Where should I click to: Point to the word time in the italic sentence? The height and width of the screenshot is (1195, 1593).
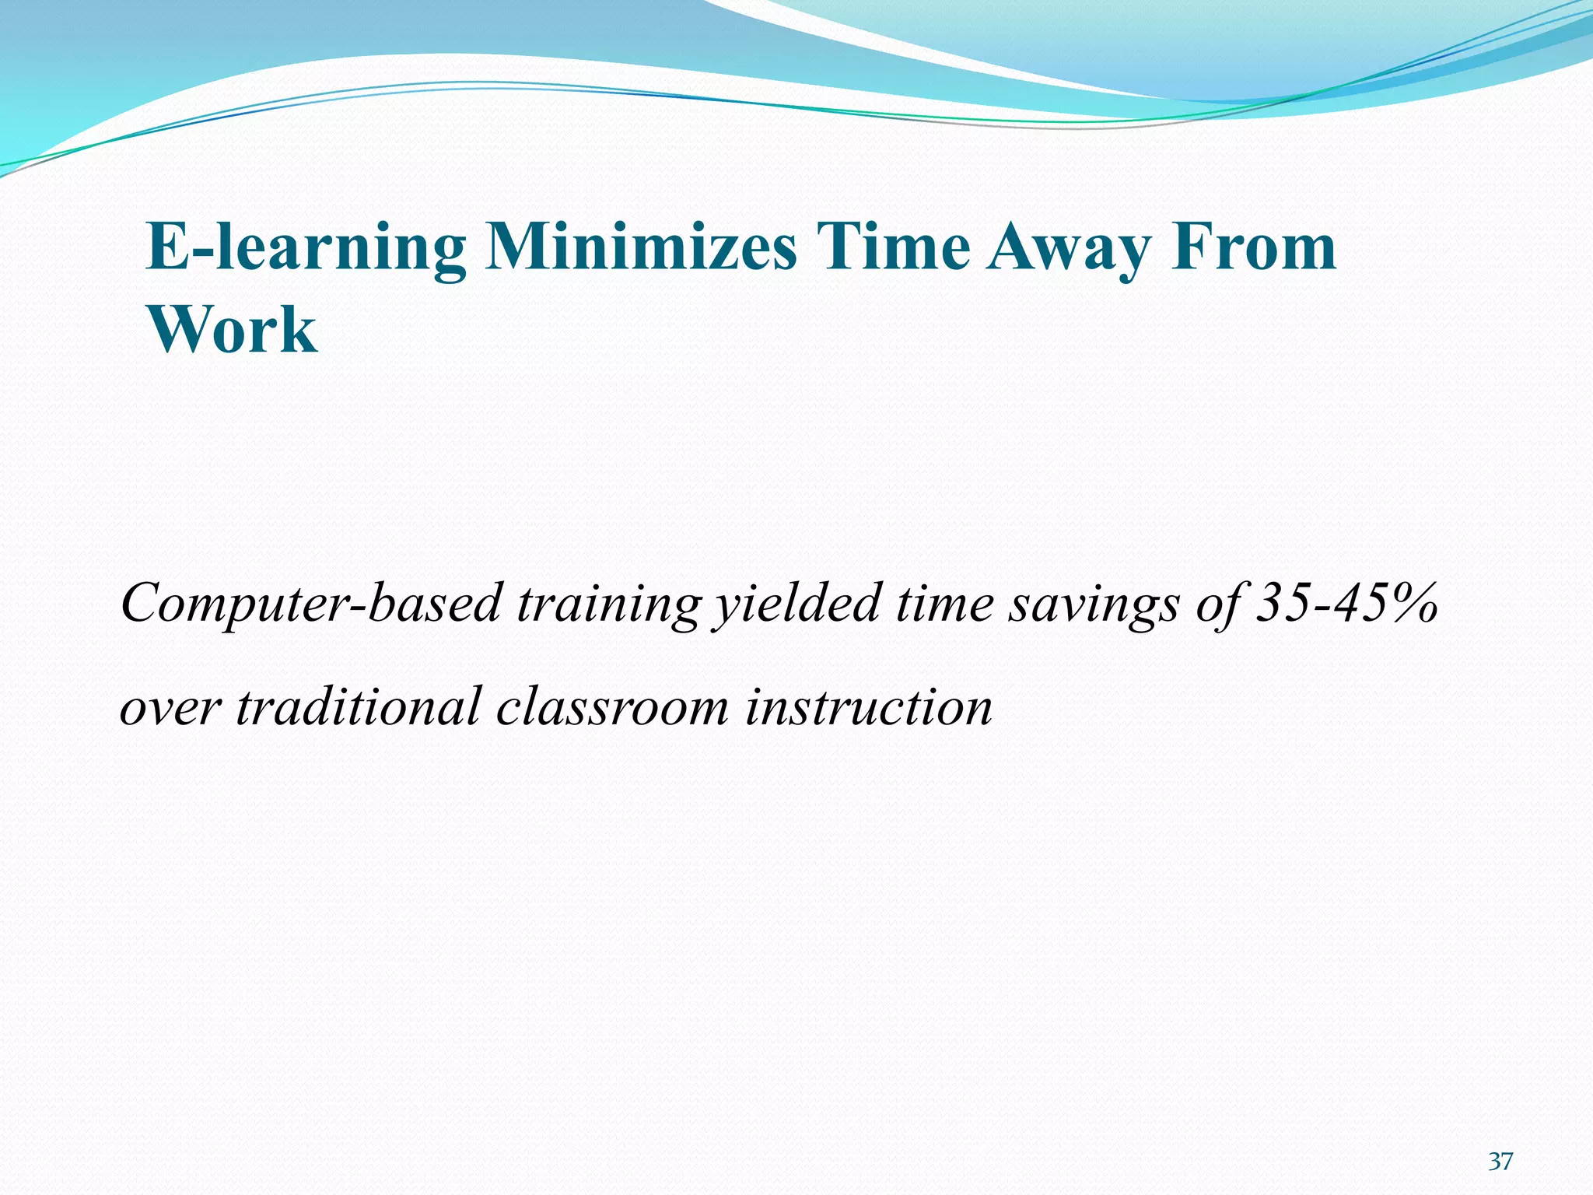944,605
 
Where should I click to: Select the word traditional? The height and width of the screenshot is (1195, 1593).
359,706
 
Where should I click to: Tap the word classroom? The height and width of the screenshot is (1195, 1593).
612,706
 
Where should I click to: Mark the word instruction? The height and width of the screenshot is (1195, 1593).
868,706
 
